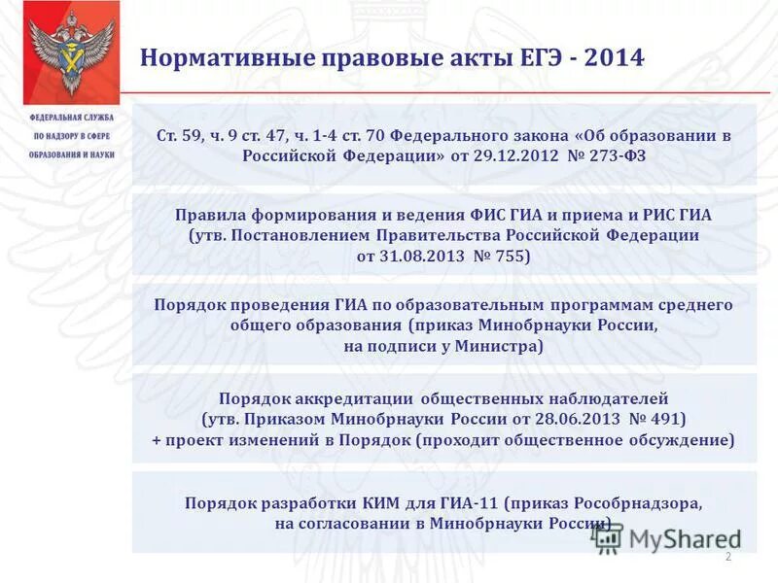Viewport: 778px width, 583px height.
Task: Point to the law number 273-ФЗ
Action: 609,156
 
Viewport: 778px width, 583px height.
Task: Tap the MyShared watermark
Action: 671,537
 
